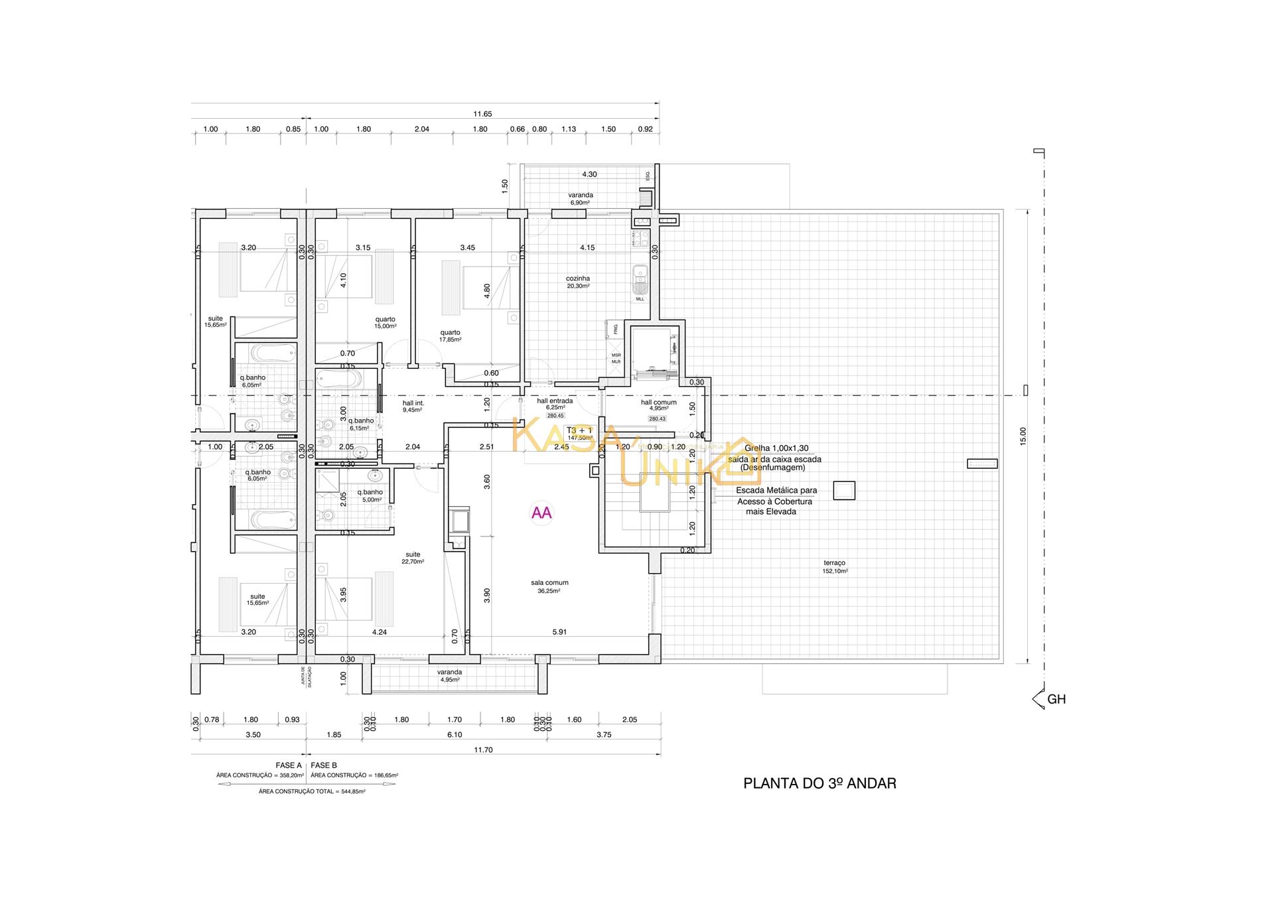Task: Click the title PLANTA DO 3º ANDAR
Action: point(819,783)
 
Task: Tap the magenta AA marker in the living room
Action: point(541,513)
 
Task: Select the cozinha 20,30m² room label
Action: point(578,282)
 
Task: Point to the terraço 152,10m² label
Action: point(835,566)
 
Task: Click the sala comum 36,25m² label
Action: point(549,586)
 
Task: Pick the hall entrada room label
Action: point(555,401)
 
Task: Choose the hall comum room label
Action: point(658,403)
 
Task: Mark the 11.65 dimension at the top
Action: point(482,114)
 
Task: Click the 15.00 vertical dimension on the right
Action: point(1023,436)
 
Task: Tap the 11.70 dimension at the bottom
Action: point(483,750)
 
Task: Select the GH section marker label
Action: point(1056,699)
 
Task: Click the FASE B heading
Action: point(324,765)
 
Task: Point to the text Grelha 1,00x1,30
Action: point(776,448)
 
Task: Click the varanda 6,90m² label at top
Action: point(581,198)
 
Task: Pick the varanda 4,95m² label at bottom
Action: point(449,675)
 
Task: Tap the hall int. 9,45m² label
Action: point(413,406)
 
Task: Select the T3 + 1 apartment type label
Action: point(579,430)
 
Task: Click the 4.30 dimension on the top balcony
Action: point(589,174)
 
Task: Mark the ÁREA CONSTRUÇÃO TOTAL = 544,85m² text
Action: point(312,791)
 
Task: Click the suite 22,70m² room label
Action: point(413,558)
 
